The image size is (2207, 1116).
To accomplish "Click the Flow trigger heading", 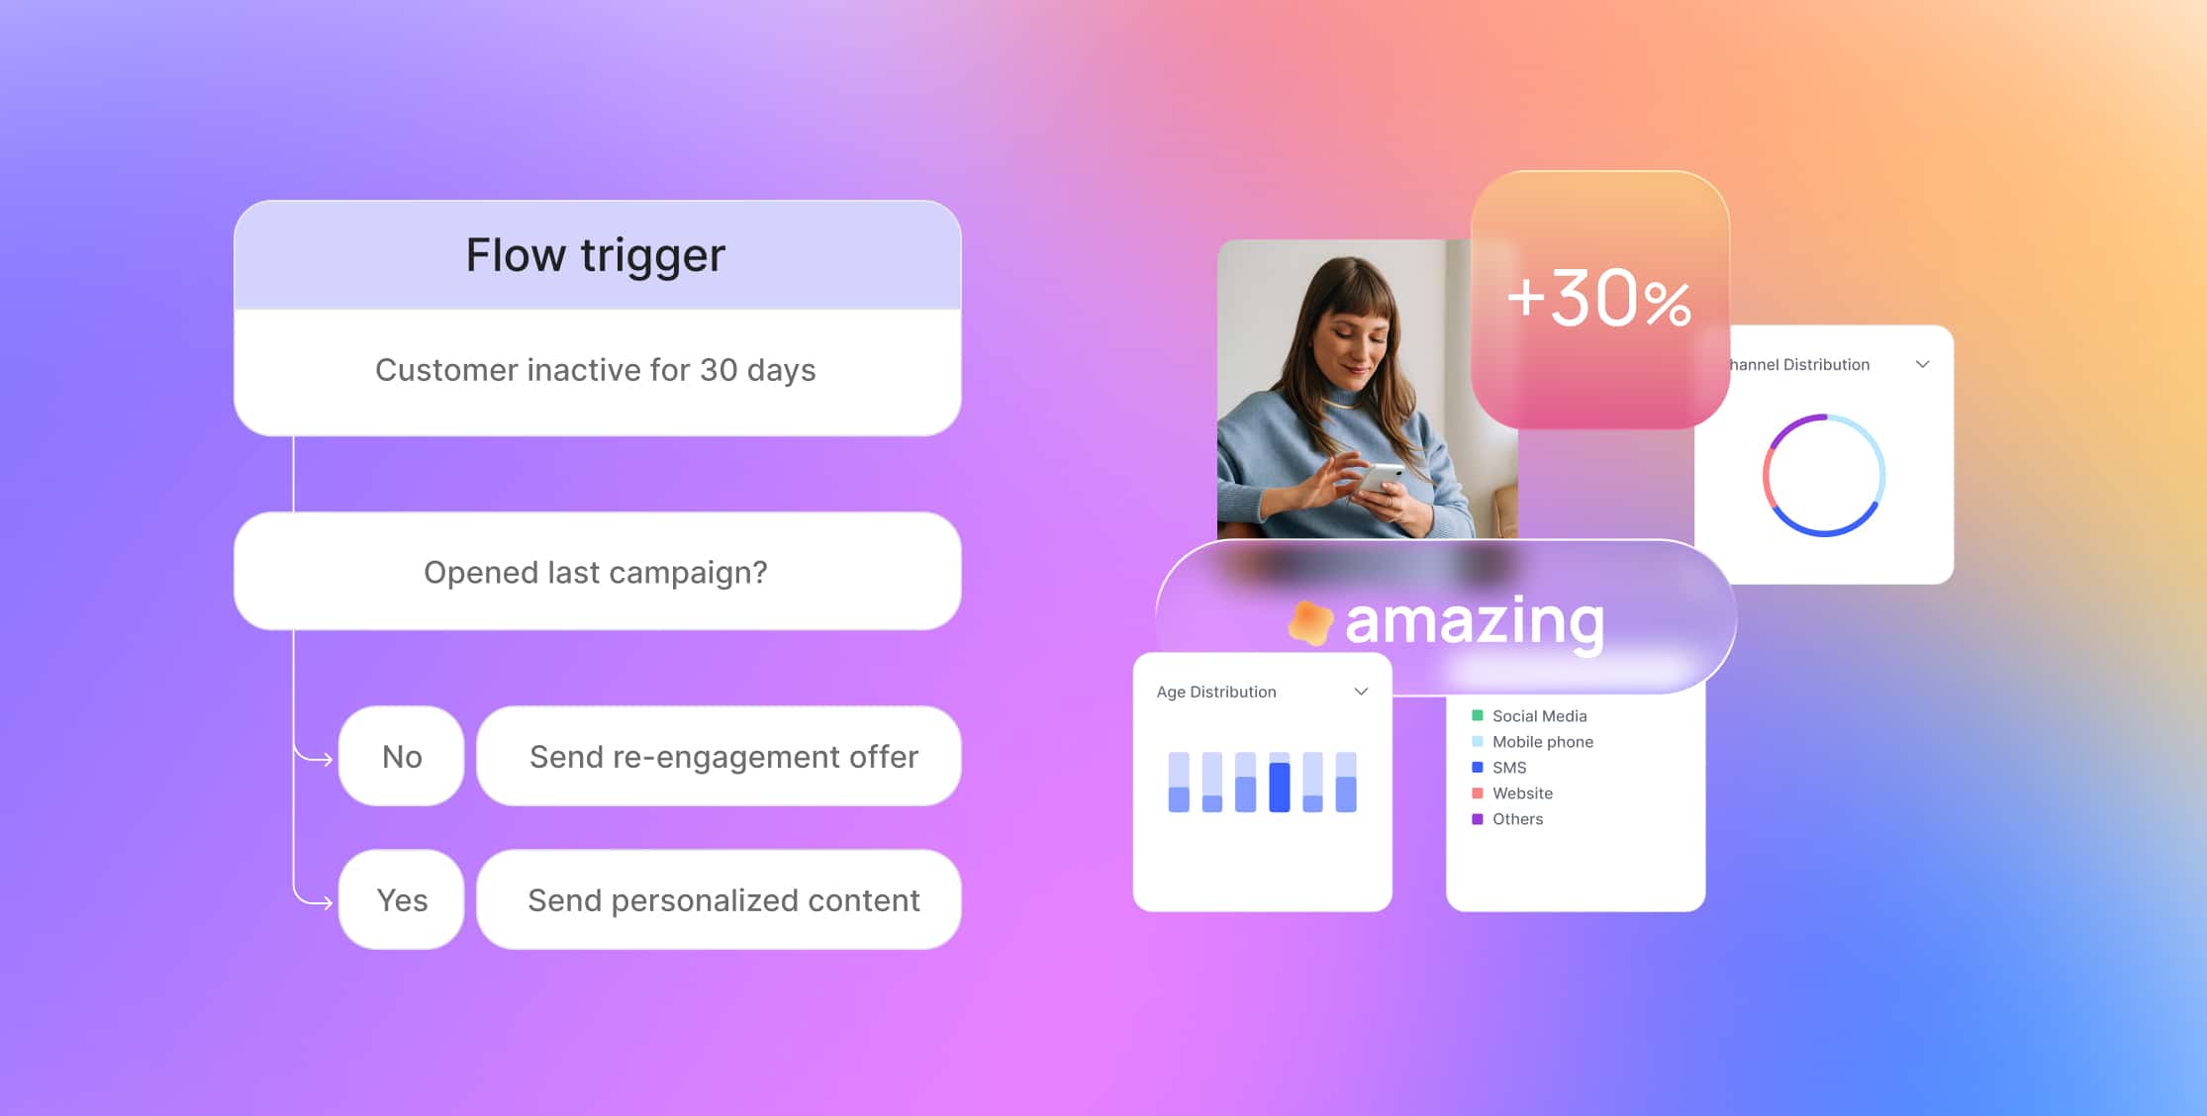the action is [596, 255].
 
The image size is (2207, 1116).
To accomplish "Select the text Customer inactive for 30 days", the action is [596, 370].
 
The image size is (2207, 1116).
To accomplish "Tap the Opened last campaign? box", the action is [598, 571].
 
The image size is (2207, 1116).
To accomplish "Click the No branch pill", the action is [401, 756].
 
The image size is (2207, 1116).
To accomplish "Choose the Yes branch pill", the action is [401, 899].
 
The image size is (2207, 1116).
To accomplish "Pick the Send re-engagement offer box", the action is [720, 756].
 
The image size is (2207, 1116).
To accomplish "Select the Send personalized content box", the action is [720, 899].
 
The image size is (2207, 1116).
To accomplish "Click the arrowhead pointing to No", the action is [328, 760].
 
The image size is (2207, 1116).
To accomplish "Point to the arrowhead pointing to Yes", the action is [328, 902].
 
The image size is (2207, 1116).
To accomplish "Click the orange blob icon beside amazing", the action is [1310, 622].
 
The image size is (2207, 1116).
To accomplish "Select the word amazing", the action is [1475, 622].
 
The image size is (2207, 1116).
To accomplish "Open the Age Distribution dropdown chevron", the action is [1361, 692].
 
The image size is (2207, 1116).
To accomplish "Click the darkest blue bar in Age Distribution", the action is [1280, 788].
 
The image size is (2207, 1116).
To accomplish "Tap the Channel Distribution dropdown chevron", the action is [1922, 364].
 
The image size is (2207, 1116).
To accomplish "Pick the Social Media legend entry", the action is [1529, 715].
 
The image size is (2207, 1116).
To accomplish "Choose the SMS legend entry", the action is [1499, 767].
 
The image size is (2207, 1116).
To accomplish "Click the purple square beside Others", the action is [1478, 819].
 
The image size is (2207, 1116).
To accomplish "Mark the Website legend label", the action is [1522, 792].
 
